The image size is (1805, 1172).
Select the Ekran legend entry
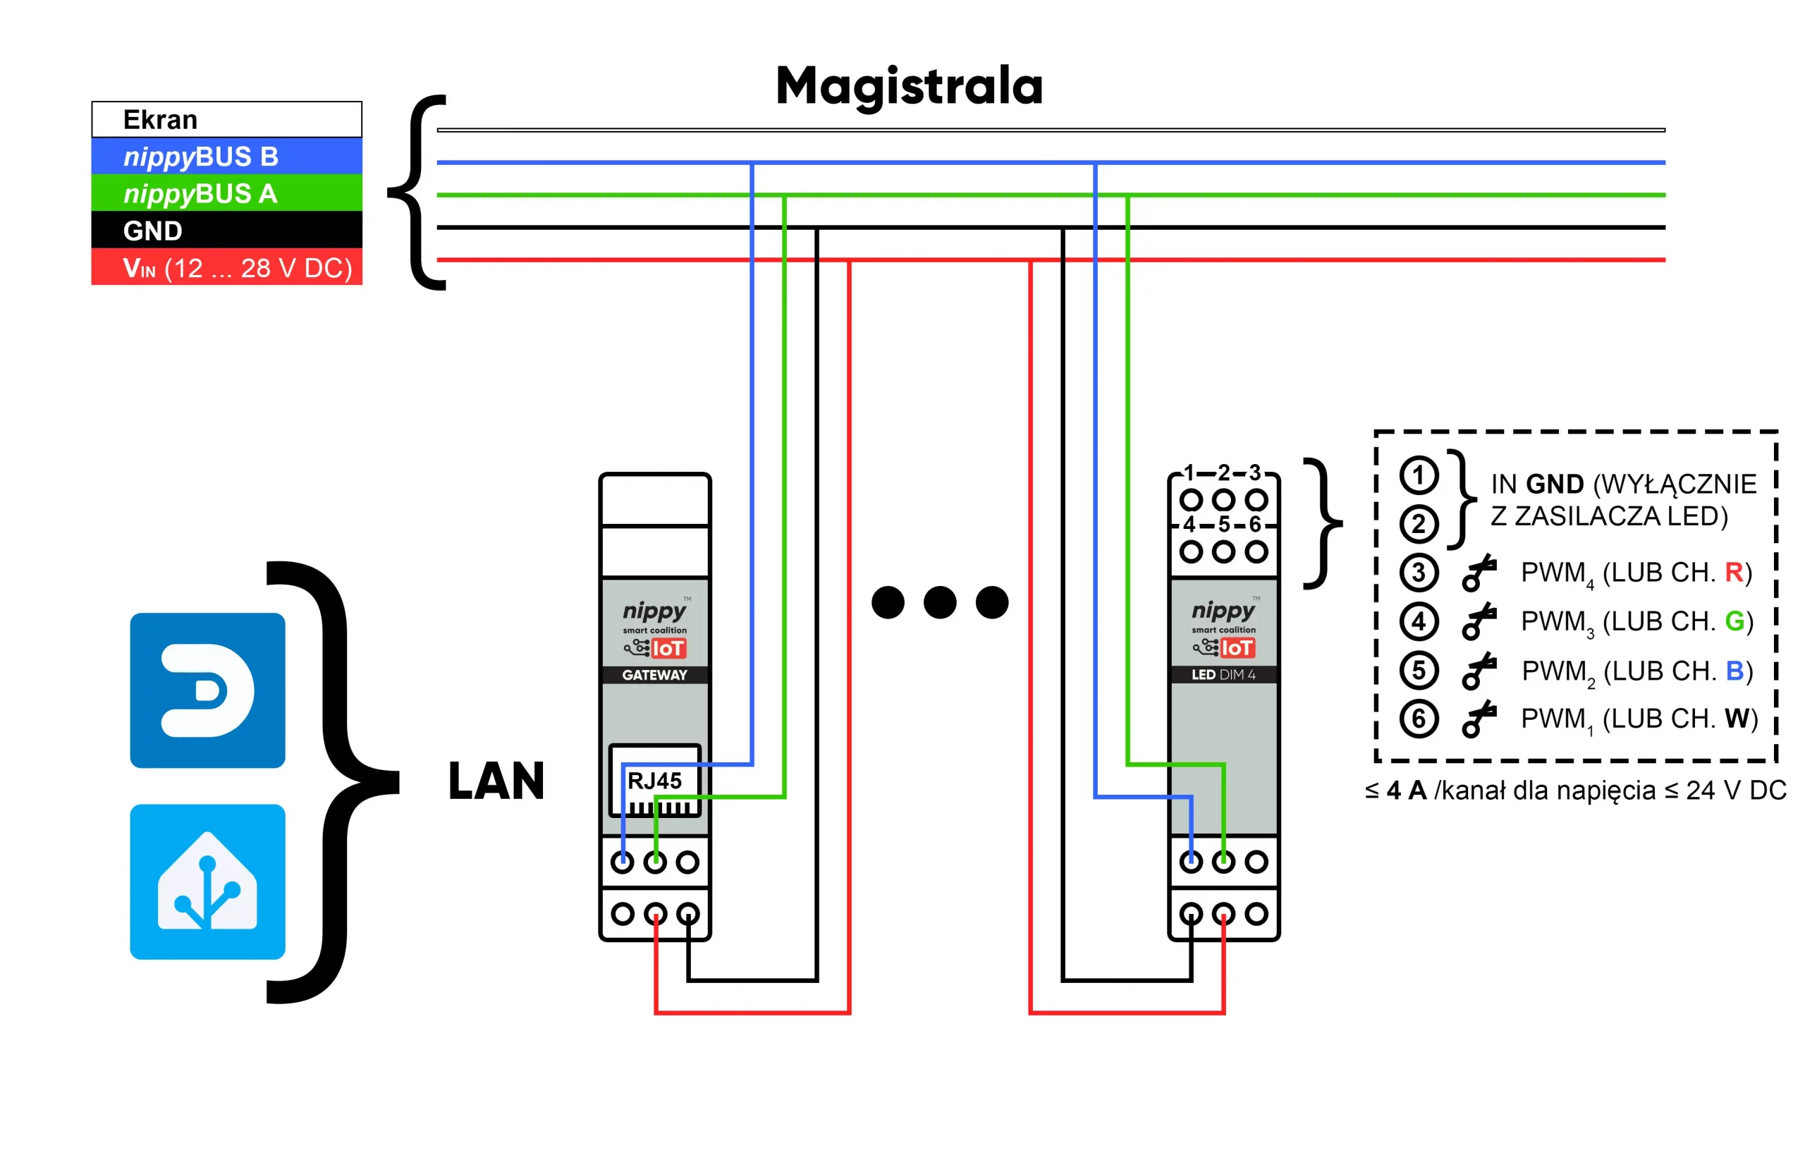[227, 119]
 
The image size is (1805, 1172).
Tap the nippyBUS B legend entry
[227, 157]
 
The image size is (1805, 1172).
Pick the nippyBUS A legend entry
[227, 193]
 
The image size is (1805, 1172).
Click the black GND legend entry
[227, 230]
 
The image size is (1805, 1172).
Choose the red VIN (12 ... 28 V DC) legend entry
[227, 267]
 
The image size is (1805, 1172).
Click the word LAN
[497, 781]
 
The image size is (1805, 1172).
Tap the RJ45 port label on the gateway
[654, 781]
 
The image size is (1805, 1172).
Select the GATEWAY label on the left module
[654, 674]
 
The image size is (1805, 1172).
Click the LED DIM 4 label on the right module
[1223, 674]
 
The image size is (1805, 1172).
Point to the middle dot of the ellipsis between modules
[941, 602]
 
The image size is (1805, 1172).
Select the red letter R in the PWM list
[1734, 572]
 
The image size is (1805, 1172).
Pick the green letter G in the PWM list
[1734, 621]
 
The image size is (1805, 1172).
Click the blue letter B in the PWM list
[1734, 671]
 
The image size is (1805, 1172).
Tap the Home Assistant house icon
[208, 881]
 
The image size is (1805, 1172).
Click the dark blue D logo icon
[208, 690]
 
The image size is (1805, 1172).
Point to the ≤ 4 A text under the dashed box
[1395, 791]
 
